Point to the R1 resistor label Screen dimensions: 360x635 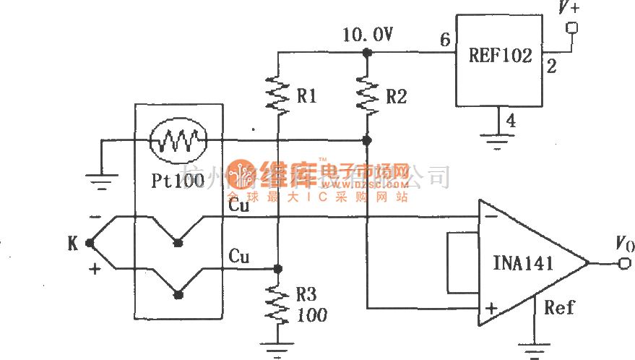[x=307, y=97]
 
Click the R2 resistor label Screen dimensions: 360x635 [x=396, y=97]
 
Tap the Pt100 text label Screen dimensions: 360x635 [x=178, y=181]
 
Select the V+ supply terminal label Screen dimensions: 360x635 [x=569, y=9]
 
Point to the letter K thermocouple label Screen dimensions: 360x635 [x=72, y=244]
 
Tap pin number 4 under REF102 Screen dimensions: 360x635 [x=511, y=121]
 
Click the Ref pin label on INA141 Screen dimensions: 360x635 [x=559, y=308]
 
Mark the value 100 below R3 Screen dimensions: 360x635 [x=311, y=315]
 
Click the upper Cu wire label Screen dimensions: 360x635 [x=239, y=206]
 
